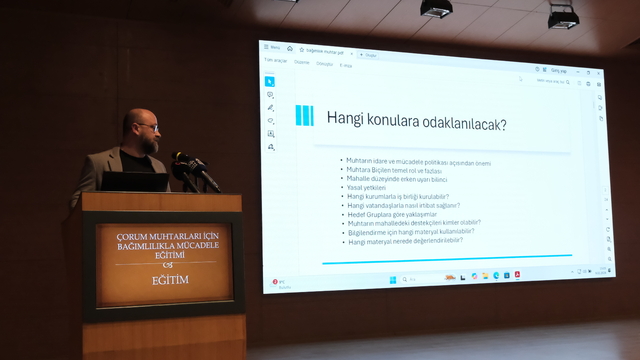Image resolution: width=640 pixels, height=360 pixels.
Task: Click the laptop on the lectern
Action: point(135,181)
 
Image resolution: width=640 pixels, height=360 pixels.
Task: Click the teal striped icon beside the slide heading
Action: point(304,115)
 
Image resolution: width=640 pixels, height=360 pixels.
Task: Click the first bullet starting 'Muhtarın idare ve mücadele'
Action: point(416,162)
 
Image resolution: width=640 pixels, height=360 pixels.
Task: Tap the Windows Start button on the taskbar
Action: point(392,279)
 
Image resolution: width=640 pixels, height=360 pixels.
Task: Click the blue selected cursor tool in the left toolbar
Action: point(270,81)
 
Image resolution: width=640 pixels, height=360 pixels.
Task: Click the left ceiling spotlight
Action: point(436,9)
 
